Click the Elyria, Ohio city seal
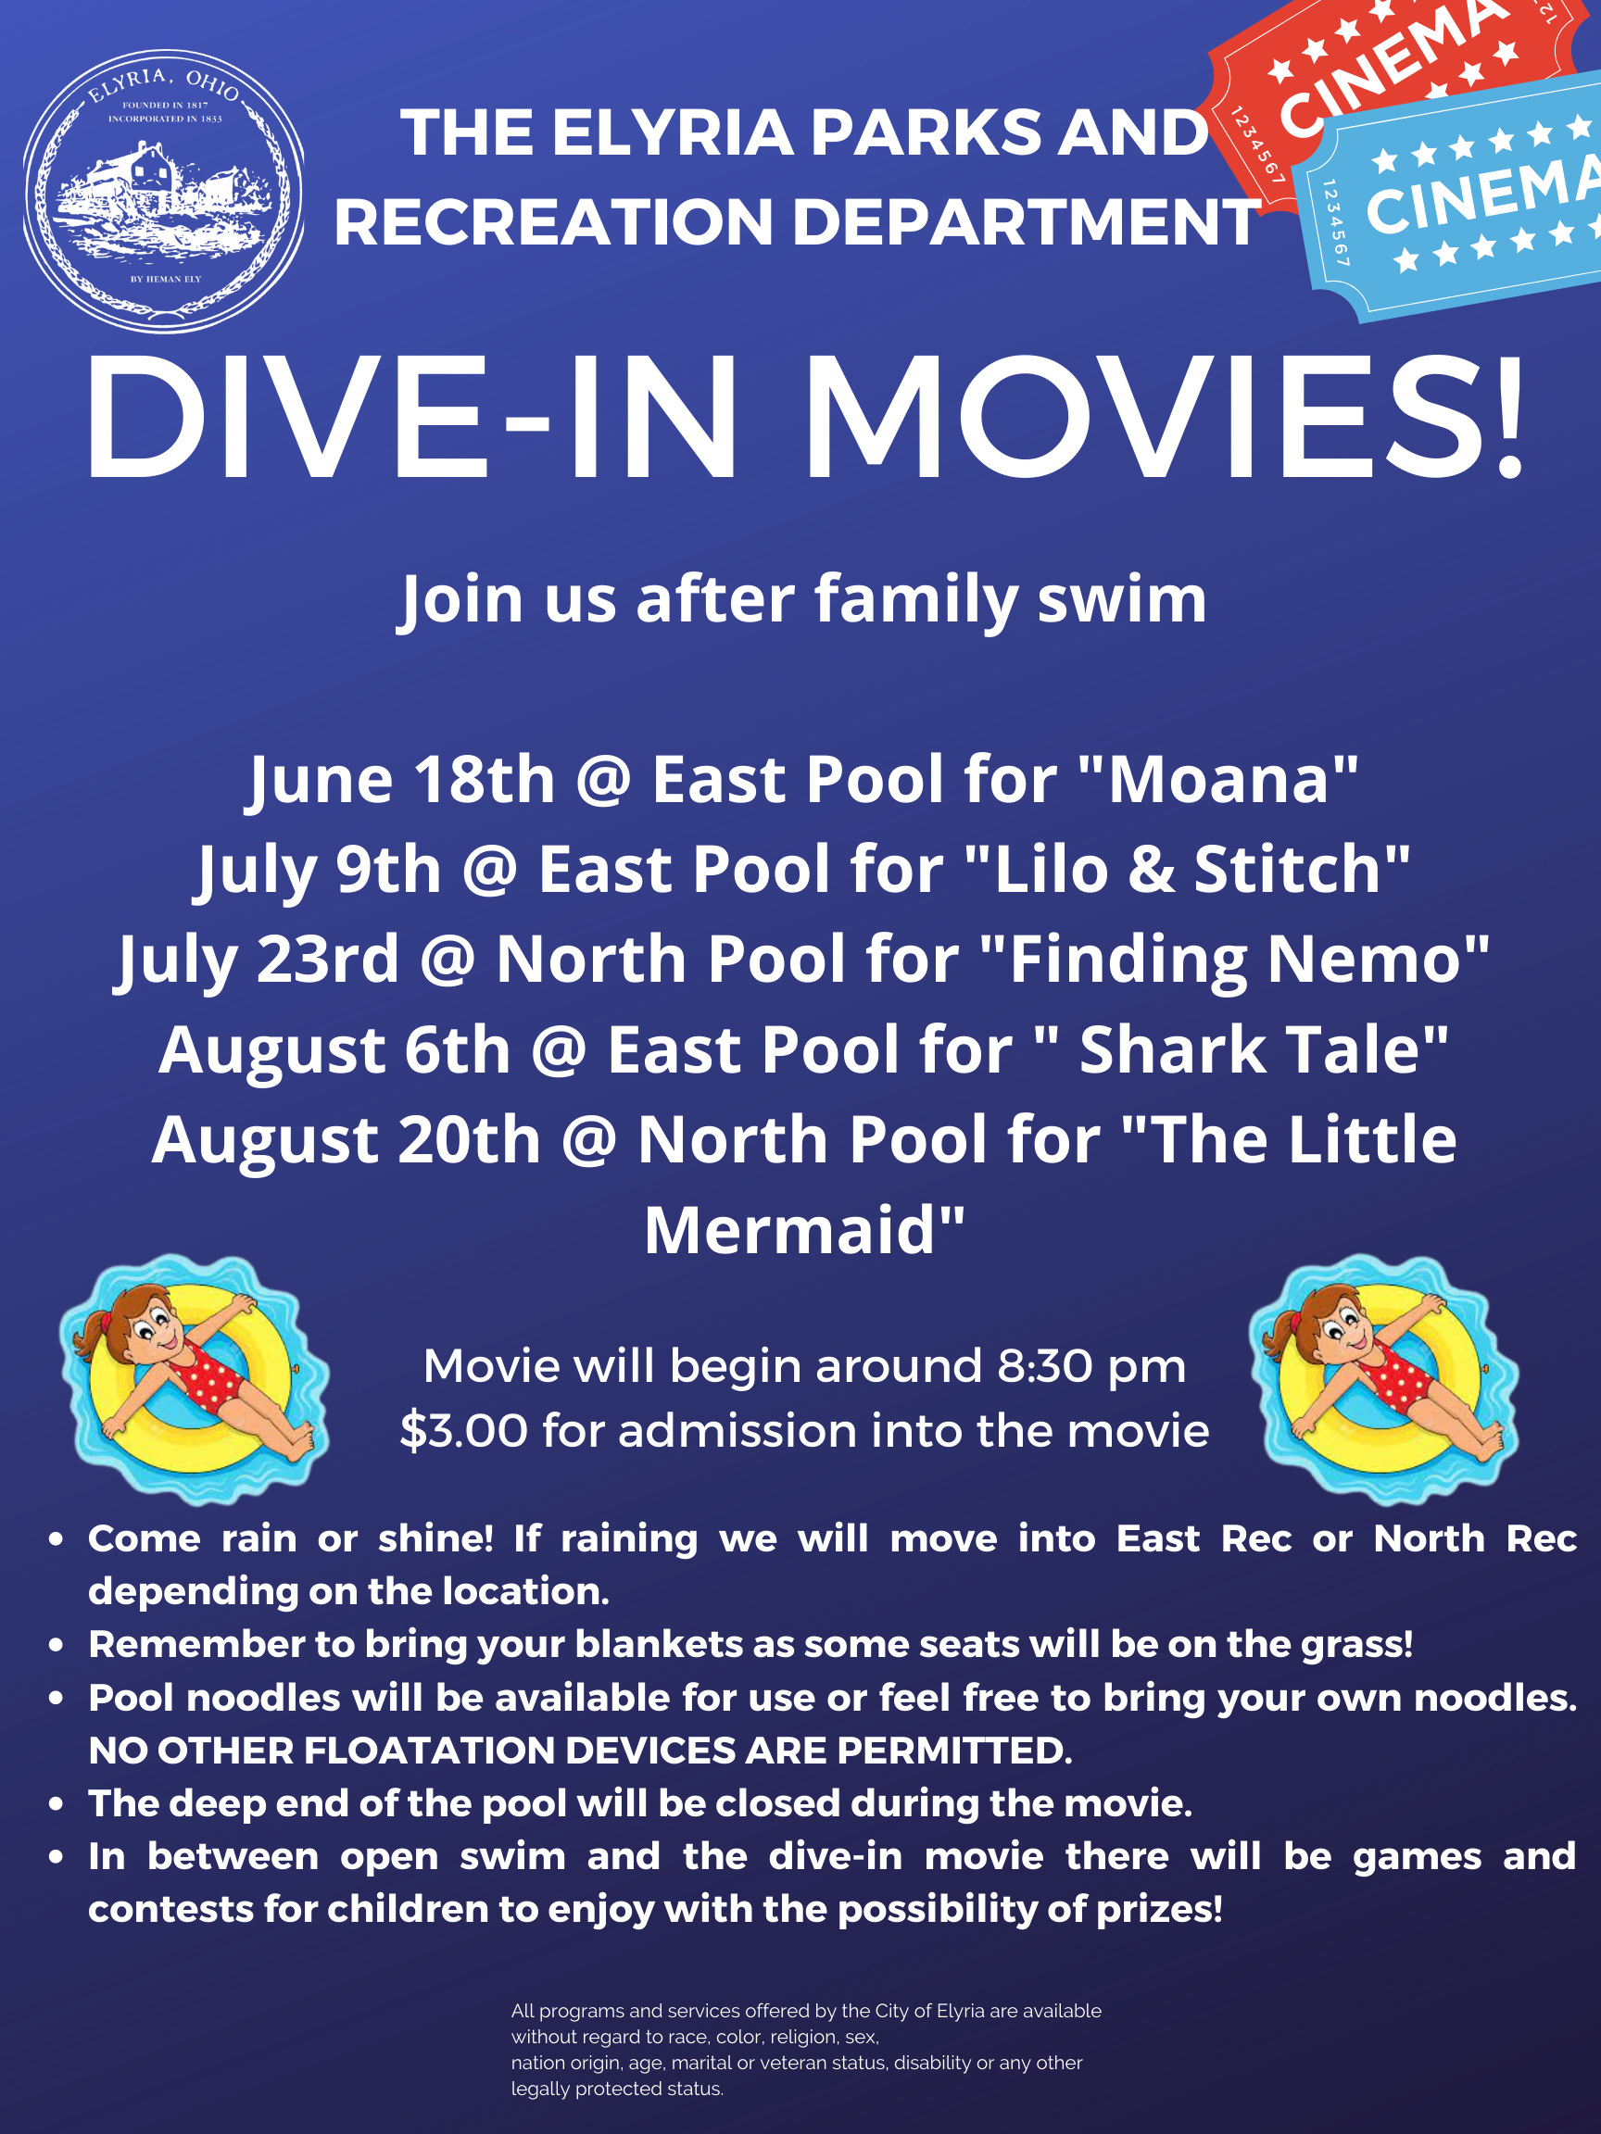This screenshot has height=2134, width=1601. coord(164,191)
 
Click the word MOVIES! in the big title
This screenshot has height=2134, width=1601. coord(1166,416)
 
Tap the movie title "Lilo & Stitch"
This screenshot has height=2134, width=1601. coord(1187,868)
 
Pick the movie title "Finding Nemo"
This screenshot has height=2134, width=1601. coord(1234,959)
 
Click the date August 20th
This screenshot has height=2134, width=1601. coord(346,1140)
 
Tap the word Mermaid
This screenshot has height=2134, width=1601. coord(789,1230)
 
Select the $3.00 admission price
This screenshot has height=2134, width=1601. coord(464,1430)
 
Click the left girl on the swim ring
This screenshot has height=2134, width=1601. coord(193,1377)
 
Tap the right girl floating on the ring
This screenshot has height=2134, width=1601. coord(1383,1377)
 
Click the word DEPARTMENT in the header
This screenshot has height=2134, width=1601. coord(1026,222)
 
